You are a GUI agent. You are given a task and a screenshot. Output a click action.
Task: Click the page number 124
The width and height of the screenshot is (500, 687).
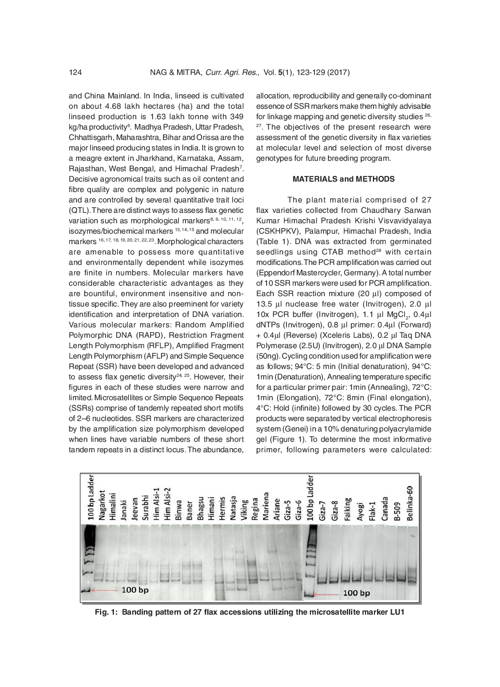pyautogui.click(x=75, y=72)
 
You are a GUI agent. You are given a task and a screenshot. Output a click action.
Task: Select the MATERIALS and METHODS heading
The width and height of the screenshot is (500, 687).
pyautogui.click(x=343, y=179)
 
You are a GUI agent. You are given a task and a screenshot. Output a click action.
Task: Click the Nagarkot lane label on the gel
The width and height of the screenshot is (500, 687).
pyautogui.click(x=102, y=505)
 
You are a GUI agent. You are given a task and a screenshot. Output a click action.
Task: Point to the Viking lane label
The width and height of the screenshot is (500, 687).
pyautogui.click(x=244, y=510)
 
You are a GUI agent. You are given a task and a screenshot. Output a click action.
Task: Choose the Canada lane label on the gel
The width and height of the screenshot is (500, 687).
pyautogui.click(x=384, y=508)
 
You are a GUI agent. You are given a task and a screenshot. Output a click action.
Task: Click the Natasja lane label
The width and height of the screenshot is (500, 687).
pyautogui.click(x=233, y=507)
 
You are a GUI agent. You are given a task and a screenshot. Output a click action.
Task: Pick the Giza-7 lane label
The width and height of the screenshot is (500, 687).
pyautogui.click(x=322, y=510)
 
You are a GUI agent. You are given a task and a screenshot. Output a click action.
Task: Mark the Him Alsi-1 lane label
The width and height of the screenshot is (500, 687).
pyautogui.click(x=156, y=504)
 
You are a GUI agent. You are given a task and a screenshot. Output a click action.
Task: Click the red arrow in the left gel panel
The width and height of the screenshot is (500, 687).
pyautogui.click(x=105, y=590)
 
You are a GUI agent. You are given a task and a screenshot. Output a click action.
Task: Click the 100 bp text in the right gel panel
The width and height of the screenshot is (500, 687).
pyautogui.click(x=356, y=593)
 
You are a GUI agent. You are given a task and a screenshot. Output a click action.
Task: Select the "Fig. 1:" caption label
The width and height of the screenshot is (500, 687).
pyautogui.click(x=106, y=612)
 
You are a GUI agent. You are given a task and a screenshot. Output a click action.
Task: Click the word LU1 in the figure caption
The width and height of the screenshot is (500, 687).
pyautogui.click(x=397, y=612)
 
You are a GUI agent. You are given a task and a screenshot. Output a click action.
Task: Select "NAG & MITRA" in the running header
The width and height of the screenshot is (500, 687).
pyautogui.click(x=176, y=72)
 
